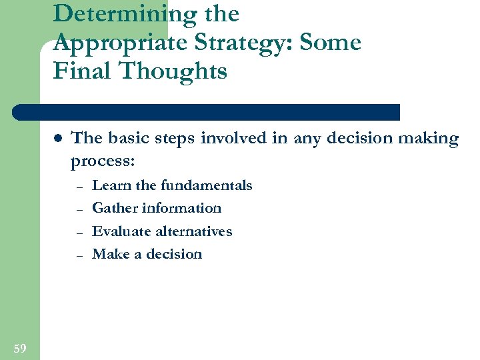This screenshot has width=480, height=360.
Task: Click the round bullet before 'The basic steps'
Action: [57, 139]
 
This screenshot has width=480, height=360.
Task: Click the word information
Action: [181, 208]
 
